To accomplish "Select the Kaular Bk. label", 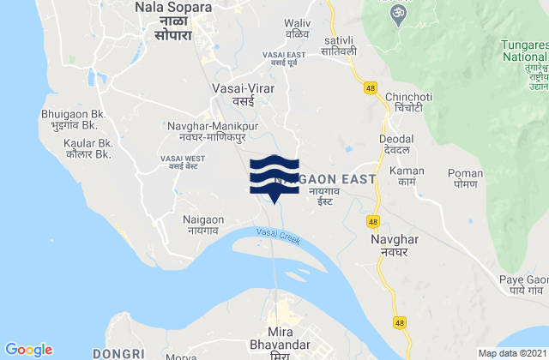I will pos(89,149).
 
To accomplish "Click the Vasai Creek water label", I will pos(277,237).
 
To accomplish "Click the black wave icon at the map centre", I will pos(274,177).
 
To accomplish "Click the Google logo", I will pos(28,349).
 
